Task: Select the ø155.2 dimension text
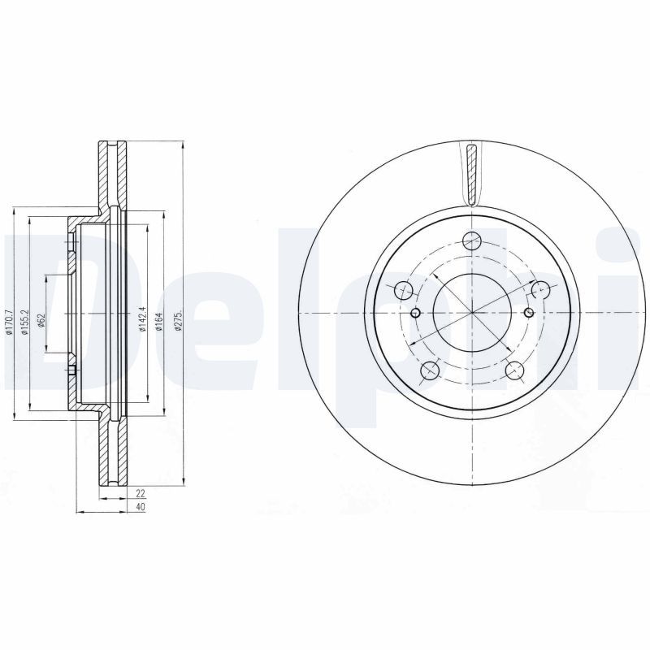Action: (x=26, y=323)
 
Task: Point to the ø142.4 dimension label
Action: (x=143, y=318)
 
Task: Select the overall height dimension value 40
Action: (x=140, y=507)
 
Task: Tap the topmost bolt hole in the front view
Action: (x=470, y=241)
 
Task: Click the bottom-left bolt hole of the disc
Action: (x=428, y=371)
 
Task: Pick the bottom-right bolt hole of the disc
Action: (x=513, y=371)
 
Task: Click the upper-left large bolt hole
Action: (x=402, y=289)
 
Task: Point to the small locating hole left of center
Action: (x=415, y=314)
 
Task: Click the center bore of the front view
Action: (x=470, y=313)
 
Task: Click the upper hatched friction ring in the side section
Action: (x=113, y=175)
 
